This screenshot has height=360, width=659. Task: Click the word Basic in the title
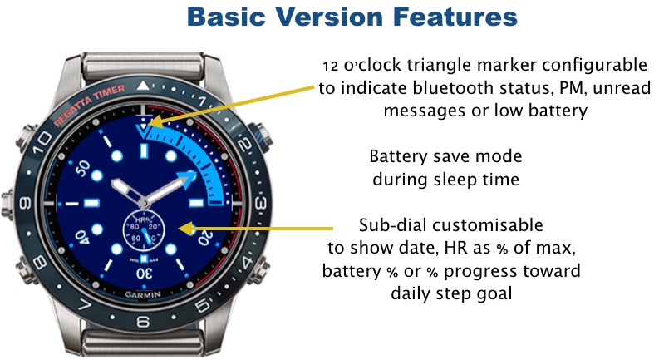[226, 17]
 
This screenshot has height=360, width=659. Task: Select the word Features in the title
[455, 17]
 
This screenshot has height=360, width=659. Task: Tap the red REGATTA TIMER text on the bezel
[90, 104]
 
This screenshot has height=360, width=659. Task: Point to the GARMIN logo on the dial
[143, 294]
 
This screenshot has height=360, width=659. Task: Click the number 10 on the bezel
[42, 142]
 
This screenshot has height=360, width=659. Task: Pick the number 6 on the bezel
[143, 322]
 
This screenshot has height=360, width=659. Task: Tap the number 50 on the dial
[82, 168]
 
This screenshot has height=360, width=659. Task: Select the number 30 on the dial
[144, 274]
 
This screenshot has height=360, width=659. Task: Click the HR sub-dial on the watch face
[144, 229]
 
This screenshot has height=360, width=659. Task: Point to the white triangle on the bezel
[143, 86]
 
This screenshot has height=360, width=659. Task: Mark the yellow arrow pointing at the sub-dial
[256, 229]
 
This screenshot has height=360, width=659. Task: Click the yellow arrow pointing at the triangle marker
[232, 105]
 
